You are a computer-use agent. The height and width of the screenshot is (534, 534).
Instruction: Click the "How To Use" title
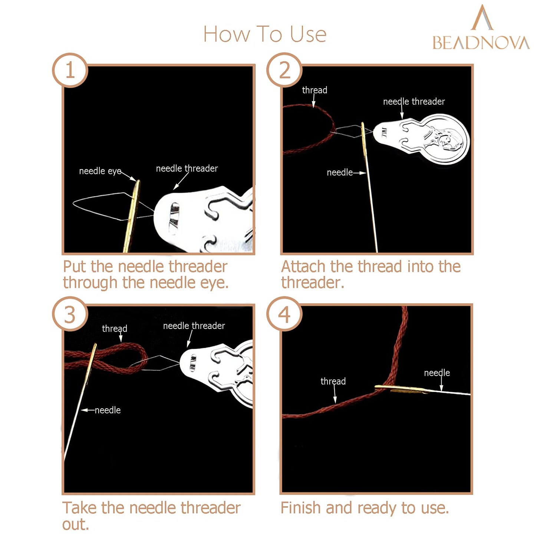(x=265, y=34)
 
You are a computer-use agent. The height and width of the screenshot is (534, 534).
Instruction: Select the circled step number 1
(x=70, y=70)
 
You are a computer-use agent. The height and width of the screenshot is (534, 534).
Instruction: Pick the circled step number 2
(x=284, y=70)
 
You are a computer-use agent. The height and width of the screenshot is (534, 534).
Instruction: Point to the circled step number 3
(x=70, y=314)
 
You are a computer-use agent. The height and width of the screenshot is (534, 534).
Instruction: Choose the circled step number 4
(x=284, y=314)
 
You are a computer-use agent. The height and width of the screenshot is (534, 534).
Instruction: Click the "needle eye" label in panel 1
(x=100, y=171)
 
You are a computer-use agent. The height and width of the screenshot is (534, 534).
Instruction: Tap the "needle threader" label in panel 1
(x=187, y=168)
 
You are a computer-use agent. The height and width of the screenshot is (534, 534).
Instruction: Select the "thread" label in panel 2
(x=314, y=90)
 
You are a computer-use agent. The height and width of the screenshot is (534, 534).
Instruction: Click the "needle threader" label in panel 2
(x=414, y=102)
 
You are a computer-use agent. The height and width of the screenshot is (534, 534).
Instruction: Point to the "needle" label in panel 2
(x=339, y=173)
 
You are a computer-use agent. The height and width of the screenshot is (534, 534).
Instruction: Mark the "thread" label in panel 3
(x=115, y=329)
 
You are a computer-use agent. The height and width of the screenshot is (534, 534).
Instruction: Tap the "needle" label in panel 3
(x=108, y=410)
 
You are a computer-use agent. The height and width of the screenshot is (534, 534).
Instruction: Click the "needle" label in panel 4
(x=437, y=373)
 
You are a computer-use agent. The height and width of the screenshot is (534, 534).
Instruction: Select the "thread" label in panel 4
(x=333, y=381)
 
